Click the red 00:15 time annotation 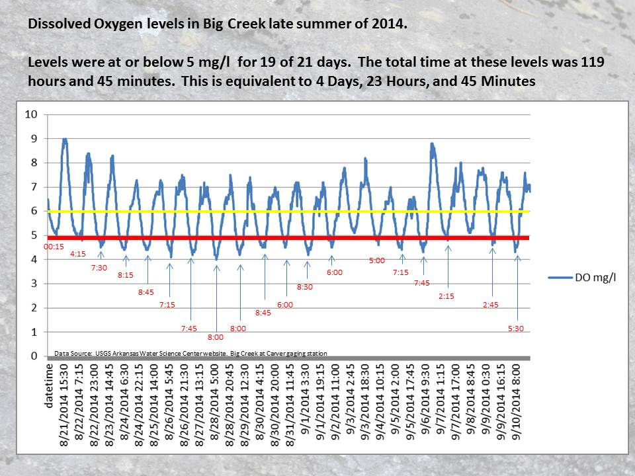pyautogui.click(x=54, y=247)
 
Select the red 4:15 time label pyautogui.click(x=78, y=253)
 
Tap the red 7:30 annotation pyautogui.click(x=100, y=268)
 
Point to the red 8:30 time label pyautogui.click(x=304, y=287)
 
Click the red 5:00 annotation pyautogui.click(x=376, y=260)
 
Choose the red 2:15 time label pyautogui.click(x=446, y=296)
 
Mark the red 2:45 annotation pyautogui.click(x=491, y=305)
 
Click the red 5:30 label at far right pyautogui.click(x=516, y=329)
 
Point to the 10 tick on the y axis pyautogui.click(x=31, y=114)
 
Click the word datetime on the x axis pyautogui.click(x=49, y=385)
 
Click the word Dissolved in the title pyautogui.click(x=54, y=24)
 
